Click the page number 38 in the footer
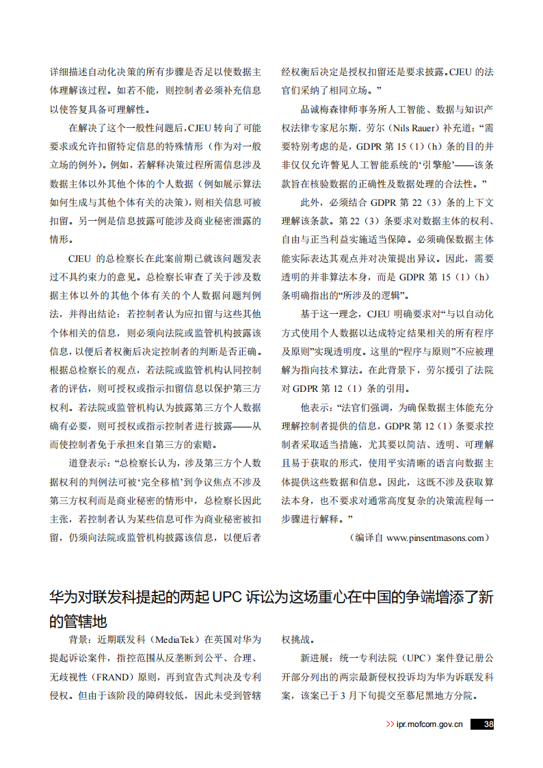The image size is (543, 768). pyautogui.click(x=488, y=724)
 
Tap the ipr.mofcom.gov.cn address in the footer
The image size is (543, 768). pyautogui.click(x=429, y=724)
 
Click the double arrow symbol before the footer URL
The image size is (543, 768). pyautogui.click(x=390, y=724)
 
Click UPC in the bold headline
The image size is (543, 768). pyautogui.click(x=233, y=597)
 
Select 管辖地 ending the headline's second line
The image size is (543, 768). pyautogui.click(x=85, y=622)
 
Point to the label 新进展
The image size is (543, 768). pyautogui.click(x=314, y=659)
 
